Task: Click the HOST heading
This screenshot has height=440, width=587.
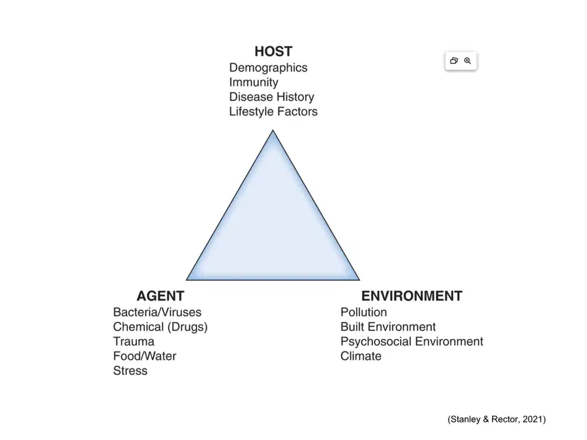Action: click(x=273, y=51)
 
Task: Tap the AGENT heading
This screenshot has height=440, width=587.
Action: click(x=160, y=296)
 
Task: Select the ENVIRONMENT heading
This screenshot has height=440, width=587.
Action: click(x=412, y=296)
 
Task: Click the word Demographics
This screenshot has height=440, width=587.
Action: click(x=268, y=68)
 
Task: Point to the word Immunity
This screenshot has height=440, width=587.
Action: click(x=254, y=82)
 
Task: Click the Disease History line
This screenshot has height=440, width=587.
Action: click(x=271, y=97)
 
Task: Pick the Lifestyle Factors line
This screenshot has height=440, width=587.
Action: click(x=273, y=111)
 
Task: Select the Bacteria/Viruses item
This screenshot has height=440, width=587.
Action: click(x=157, y=312)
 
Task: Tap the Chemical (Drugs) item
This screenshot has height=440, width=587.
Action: click(x=160, y=327)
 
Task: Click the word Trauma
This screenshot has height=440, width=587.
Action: click(x=134, y=341)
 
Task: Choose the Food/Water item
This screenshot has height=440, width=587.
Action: click(x=145, y=356)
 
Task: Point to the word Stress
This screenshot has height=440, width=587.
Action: click(x=130, y=370)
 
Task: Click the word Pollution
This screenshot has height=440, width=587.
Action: click(x=363, y=312)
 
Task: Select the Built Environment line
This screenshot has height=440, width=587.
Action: click(x=388, y=327)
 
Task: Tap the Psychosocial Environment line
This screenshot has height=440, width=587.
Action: click(x=412, y=341)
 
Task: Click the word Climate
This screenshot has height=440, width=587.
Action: click(x=361, y=356)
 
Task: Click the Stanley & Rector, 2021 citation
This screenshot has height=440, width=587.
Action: click(x=496, y=419)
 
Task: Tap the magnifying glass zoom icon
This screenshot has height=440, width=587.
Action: click(x=468, y=61)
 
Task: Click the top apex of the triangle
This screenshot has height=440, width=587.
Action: click(x=273, y=130)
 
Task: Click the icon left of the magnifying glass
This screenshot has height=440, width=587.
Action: click(x=454, y=61)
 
